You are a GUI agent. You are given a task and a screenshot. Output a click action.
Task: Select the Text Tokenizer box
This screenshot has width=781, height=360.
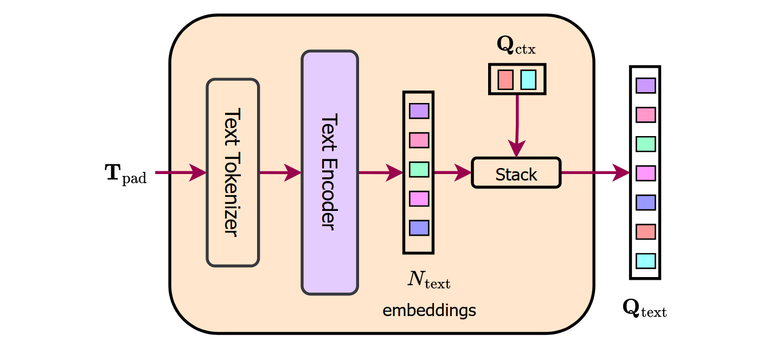pos(233,173)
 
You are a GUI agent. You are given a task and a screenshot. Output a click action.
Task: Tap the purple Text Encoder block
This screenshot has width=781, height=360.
pos(330,172)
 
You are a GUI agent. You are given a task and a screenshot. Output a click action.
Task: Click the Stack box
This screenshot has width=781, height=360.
pos(516,173)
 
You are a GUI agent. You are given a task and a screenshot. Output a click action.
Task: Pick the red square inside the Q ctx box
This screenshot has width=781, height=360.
pos(505,80)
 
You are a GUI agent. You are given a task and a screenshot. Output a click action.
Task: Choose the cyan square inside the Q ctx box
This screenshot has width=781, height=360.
pos(528,80)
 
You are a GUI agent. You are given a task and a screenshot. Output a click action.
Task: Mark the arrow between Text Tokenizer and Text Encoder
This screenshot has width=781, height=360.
pos(280,173)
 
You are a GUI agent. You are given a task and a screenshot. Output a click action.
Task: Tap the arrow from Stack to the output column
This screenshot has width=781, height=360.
pos(594,173)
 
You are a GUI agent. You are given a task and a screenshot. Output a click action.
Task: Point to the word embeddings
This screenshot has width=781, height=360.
pos(429,311)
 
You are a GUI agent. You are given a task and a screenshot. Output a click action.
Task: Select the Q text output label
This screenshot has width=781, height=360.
pos(644,309)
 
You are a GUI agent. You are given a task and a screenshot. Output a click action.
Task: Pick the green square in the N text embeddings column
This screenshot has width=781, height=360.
pos(419,169)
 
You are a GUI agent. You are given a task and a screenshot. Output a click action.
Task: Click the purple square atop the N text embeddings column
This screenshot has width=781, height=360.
pos(419,111)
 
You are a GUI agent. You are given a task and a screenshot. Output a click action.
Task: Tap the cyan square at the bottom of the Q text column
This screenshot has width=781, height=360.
pos(645,261)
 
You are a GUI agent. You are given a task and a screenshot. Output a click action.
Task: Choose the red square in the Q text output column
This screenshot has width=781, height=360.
pos(645,232)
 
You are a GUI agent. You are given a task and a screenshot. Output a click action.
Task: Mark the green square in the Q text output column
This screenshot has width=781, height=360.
pos(645,144)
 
